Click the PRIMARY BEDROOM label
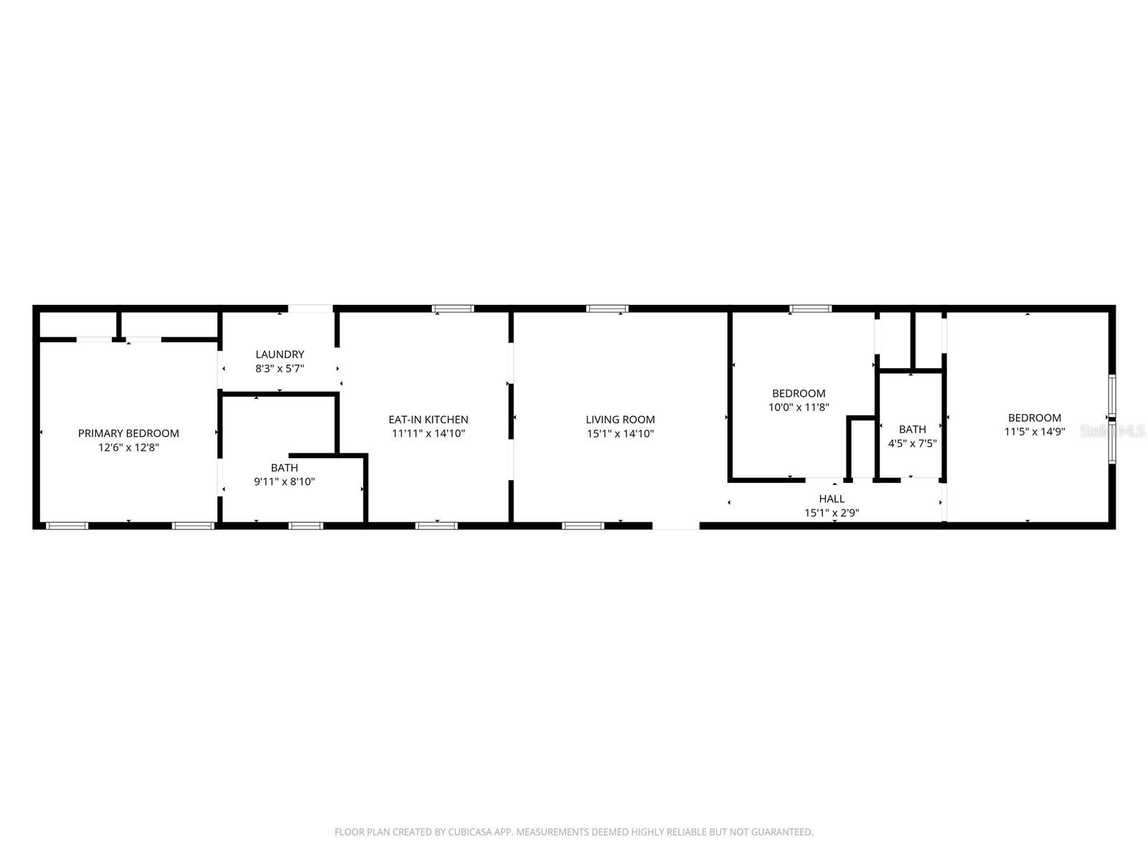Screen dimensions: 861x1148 (x=128, y=433)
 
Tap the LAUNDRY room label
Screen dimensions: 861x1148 (x=280, y=354)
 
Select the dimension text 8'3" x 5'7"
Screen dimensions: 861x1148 (x=280, y=368)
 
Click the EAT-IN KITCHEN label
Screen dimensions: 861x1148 (x=428, y=420)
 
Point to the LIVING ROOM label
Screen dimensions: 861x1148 (x=620, y=420)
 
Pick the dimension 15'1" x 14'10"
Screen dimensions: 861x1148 (x=620, y=433)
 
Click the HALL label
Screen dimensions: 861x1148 (x=832, y=499)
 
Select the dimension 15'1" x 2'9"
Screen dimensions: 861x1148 (x=832, y=512)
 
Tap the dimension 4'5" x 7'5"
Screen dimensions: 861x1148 (x=912, y=443)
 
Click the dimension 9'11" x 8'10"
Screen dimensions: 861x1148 (x=284, y=481)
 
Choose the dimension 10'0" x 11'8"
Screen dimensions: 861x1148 (x=799, y=407)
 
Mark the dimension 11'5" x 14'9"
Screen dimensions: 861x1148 (x=1034, y=431)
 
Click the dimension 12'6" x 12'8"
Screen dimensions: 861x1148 (x=128, y=447)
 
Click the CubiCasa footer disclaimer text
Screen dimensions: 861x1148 (x=573, y=832)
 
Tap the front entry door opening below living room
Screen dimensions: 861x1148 (x=675, y=526)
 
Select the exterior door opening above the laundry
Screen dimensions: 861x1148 (x=311, y=309)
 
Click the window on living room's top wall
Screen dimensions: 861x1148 (x=607, y=309)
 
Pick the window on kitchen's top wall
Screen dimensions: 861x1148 (x=453, y=309)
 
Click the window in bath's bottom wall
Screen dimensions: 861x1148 (x=306, y=526)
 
